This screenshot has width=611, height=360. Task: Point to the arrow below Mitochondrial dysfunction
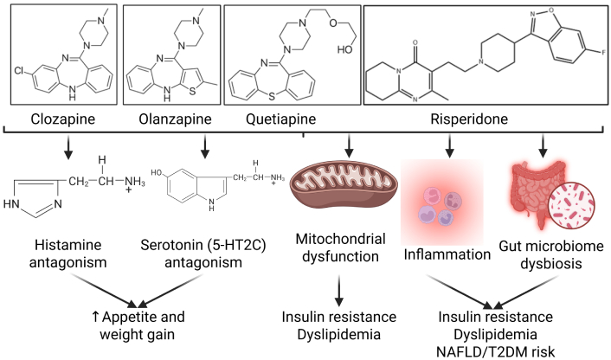348,281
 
